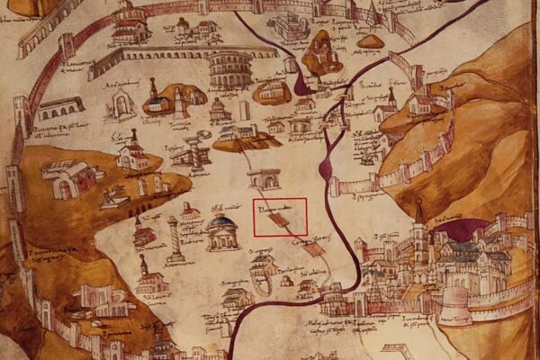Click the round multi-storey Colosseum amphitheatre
[x=229, y=68]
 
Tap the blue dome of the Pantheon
[x=222, y=221]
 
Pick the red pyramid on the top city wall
[x=374, y=13]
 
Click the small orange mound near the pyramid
[x=369, y=40]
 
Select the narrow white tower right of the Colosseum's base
[x=245, y=110]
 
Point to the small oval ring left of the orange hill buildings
[x=204, y=134]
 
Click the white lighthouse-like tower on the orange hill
[x=180, y=102]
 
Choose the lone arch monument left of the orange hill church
[x=121, y=106]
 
